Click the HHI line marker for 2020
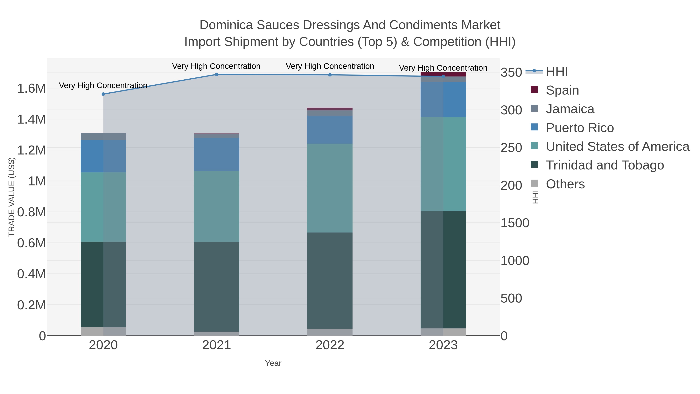tap(103, 94)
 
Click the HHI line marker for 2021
tap(217, 74)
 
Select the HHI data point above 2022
tap(330, 75)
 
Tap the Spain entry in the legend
tap(562, 90)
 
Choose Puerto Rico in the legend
tap(579, 128)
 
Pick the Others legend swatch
tap(534, 184)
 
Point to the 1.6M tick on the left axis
tap(31, 89)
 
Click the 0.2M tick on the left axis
tap(31, 305)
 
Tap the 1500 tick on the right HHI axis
tap(514, 223)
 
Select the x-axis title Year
tap(273, 363)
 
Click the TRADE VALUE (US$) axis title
tap(11, 197)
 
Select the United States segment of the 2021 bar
tap(217, 207)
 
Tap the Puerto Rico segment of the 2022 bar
tap(330, 130)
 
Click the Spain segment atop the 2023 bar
tap(443, 74)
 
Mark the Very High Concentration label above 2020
tap(103, 85)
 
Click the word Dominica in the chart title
tap(226, 25)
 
